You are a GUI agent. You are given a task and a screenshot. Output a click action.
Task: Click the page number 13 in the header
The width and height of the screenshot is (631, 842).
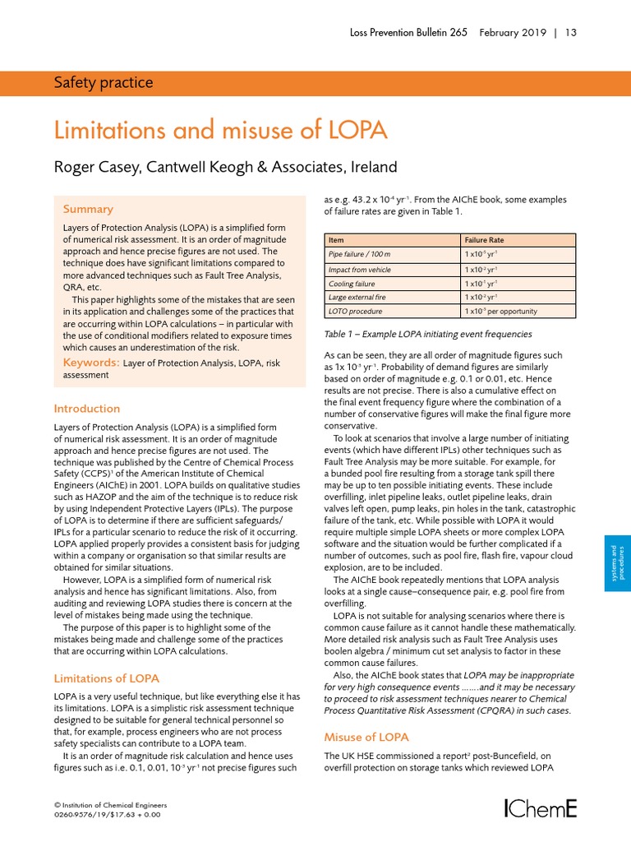pos(570,33)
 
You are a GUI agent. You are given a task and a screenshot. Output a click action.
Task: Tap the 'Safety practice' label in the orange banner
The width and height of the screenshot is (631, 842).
pos(103,82)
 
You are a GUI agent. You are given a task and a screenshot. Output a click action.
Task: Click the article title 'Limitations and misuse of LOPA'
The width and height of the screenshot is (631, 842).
pos(220,131)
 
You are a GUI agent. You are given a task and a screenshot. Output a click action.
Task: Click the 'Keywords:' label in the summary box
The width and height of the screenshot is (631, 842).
pos(90,362)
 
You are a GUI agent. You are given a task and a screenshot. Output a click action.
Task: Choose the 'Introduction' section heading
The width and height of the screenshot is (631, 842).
pos(86,409)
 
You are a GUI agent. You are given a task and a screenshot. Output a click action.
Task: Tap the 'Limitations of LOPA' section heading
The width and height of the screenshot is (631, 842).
pos(106,678)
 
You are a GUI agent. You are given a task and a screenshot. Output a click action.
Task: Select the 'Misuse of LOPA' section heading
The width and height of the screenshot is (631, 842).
pos(366,737)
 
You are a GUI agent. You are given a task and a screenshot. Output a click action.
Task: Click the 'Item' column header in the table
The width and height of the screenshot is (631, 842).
pos(336,239)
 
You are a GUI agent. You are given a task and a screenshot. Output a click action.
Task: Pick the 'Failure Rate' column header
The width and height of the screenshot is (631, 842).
pos(485,239)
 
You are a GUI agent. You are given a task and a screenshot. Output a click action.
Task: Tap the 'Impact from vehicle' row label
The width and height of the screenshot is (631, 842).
pos(359,270)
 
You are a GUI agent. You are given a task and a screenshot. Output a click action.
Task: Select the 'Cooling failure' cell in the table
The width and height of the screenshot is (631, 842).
pos(352,284)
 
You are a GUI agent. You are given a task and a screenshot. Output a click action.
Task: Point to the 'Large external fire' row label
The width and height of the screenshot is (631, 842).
pos(358,298)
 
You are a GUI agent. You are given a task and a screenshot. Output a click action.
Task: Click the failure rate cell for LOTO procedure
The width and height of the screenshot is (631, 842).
pos(501,312)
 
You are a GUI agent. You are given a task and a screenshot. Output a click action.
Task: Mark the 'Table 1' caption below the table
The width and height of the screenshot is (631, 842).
pos(427,335)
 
